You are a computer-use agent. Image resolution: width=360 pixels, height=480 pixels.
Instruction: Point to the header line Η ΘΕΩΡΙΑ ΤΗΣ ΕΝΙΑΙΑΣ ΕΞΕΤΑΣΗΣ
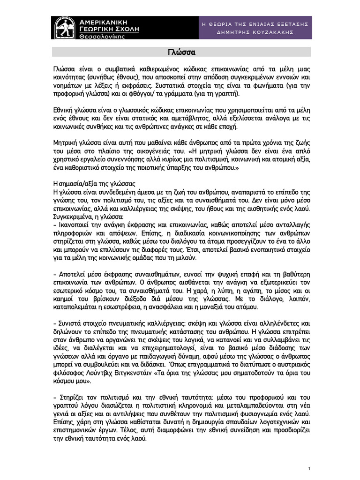point(254,23)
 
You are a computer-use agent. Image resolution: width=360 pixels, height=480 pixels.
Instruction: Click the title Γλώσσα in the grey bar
point(181,51)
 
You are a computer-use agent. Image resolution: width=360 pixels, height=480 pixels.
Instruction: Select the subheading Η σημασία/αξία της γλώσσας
point(94,184)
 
